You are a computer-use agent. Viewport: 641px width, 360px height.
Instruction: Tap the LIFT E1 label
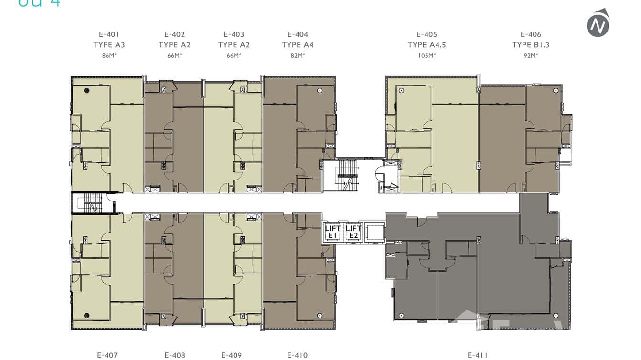coord(333,232)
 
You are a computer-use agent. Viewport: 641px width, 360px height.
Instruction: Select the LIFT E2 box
coord(353,232)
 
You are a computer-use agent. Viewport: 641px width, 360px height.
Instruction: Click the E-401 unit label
coord(109,34)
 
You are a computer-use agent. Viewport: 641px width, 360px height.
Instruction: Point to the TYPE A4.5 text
coord(427,45)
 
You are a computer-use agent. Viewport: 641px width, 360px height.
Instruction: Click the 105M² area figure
coord(427,55)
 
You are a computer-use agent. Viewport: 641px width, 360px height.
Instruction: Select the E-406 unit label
coord(531,34)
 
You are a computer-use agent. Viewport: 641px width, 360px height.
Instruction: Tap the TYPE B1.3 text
coord(531,45)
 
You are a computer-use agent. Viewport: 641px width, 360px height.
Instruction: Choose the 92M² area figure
coord(531,55)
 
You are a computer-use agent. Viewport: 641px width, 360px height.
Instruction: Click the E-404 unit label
coord(298,34)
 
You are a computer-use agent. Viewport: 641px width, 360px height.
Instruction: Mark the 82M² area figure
coord(298,55)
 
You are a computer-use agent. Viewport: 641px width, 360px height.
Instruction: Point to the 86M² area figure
coord(109,55)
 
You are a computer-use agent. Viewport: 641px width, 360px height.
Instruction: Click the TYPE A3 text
coord(109,45)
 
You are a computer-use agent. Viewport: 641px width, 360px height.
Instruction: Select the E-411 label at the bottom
coord(478,355)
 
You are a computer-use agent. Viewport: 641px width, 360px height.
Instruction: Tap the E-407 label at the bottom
coord(107,355)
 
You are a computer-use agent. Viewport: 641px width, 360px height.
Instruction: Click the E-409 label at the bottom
coord(231,355)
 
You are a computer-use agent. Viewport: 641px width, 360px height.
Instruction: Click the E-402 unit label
coord(174,34)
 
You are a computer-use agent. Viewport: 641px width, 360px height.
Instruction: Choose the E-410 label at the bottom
coord(297,355)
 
